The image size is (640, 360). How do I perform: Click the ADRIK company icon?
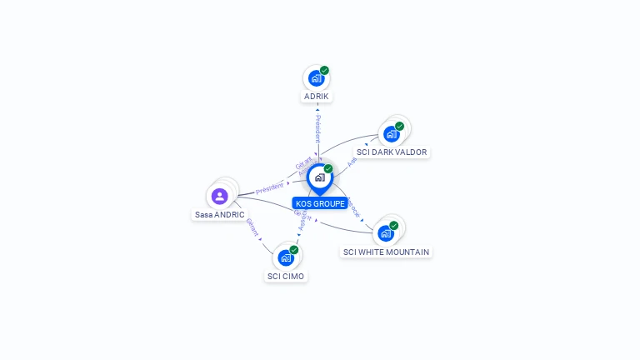pyautogui.click(x=316, y=78)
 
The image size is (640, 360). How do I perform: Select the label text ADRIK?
pyautogui.click(x=317, y=97)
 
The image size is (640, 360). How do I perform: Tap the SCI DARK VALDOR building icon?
pyautogui.click(x=391, y=134)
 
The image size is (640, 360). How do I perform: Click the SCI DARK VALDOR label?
pyautogui.click(x=392, y=152)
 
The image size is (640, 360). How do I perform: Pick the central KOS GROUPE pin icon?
pyautogui.click(x=319, y=177)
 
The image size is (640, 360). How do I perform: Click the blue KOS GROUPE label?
pyautogui.click(x=320, y=203)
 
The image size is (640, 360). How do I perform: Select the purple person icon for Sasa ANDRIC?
pyautogui.click(x=219, y=196)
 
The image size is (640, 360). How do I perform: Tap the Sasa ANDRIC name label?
pyautogui.click(x=220, y=214)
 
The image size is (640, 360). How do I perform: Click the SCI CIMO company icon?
pyautogui.click(x=286, y=257)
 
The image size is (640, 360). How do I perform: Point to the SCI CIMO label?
pyautogui.click(x=286, y=276)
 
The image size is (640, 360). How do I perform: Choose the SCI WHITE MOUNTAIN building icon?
pyautogui.click(x=385, y=233)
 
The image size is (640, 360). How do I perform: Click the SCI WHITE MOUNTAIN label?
pyautogui.click(x=387, y=252)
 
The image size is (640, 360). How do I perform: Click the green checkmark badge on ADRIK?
pyautogui.click(x=324, y=71)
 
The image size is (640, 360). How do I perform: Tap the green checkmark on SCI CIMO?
pyautogui.click(x=294, y=250)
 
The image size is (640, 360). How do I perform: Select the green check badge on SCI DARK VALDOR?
pyautogui.click(x=399, y=127)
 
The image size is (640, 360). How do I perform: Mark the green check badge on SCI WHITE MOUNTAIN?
pyautogui.click(x=393, y=226)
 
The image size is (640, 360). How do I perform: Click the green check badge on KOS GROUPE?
pyautogui.click(x=328, y=169)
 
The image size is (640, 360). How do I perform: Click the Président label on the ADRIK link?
pyautogui.click(x=317, y=128)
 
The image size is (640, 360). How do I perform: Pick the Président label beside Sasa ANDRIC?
pyautogui.click(x=269, y=188)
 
